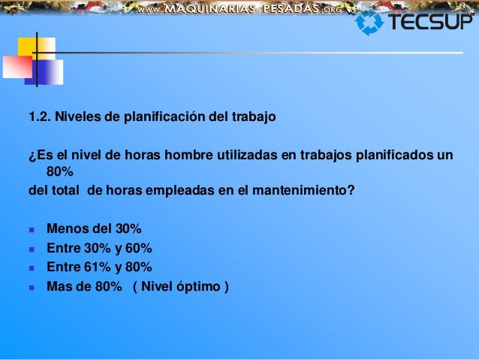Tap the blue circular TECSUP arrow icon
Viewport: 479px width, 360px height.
click(x=369, y=23)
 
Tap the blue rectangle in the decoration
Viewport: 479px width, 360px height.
click(x=47, y=71)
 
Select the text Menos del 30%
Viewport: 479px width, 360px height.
click(x=94, y=228)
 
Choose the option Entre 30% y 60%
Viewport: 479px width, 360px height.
click(x=99, y=248)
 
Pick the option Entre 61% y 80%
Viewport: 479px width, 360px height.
click(x=99, y=267)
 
